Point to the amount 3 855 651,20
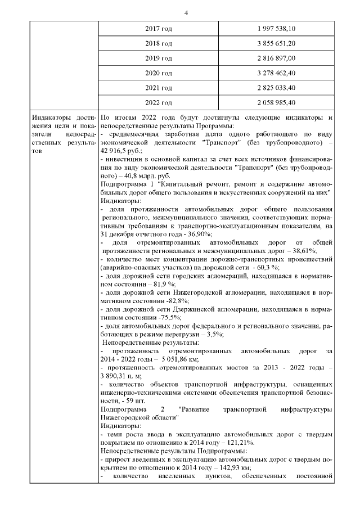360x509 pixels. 276,43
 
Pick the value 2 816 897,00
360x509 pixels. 276,58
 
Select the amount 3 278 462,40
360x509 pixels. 276,73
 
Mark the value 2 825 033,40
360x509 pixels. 276,87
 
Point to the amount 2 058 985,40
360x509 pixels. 276,102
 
